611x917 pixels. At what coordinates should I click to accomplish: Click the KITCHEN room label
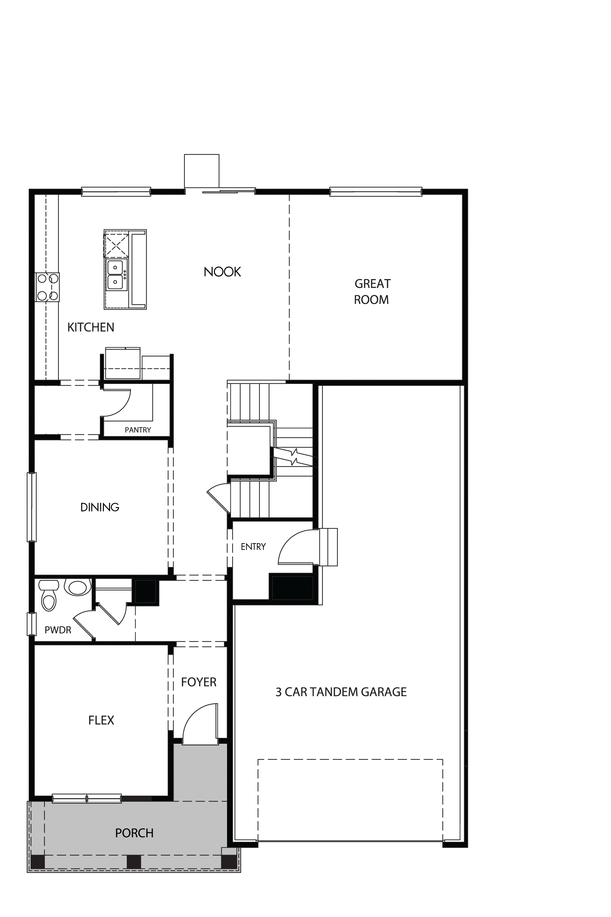(x=91, y=327)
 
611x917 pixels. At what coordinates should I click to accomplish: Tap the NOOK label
(x=222, y=272)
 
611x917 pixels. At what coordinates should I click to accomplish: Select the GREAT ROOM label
(x=372, y=292)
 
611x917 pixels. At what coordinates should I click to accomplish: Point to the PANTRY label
(x=137, y=430)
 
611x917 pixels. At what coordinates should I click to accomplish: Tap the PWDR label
(x=58, y=630)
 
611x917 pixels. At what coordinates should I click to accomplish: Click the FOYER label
(x=199, y=682)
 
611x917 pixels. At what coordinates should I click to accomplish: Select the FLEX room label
(x=101, y=720)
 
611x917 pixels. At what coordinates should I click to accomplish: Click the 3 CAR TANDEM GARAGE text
(x=341, y=692)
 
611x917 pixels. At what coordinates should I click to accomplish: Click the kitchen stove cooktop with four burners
(x=48, y=287)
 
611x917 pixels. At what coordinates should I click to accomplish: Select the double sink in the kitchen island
(x=116, y=275)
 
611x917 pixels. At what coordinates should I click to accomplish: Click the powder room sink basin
(x=78, y=587)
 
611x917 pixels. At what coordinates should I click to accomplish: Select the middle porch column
(x=134, y=862)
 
